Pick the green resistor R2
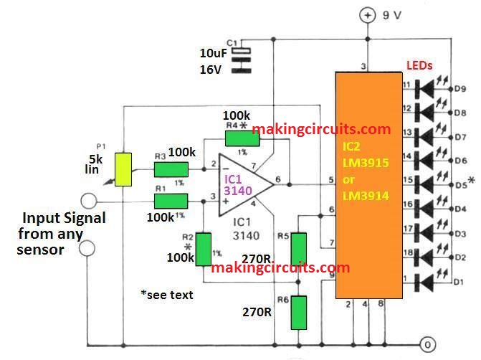[205, 247]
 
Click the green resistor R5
[298, 248]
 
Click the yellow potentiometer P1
[125, 167]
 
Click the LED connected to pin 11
[429, 86]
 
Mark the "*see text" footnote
[167, 295]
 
